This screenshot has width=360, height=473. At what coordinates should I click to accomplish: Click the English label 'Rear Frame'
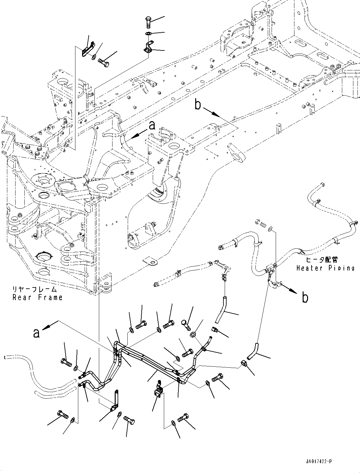[x=37, y=297]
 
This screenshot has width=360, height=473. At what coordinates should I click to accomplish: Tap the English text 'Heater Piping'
[x=325, y=268]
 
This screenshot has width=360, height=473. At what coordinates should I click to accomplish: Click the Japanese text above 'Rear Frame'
[x=34, y=289]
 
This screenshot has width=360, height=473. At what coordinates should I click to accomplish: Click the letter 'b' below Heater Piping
[x=305, y=298]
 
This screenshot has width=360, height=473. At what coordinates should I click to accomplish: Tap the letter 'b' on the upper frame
[x=198, y=105]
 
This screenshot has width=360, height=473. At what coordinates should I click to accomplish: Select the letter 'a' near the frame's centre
[x=152, y=126]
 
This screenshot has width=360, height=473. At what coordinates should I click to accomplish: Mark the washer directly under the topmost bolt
[x=148, y=33]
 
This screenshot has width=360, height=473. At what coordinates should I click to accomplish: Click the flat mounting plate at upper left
[x=87, y=49]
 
